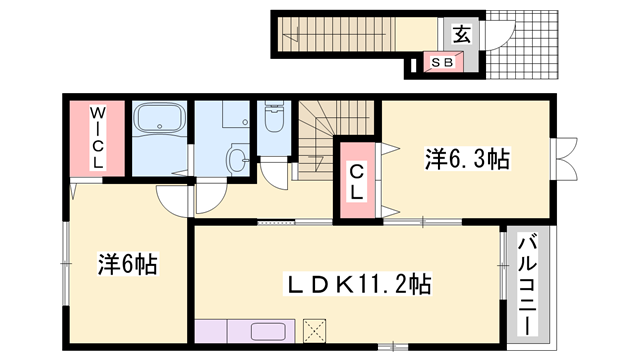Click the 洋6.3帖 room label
468,158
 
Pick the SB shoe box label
441,63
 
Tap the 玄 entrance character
460,33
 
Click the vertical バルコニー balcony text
526,284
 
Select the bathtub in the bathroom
160,124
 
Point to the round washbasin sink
237,157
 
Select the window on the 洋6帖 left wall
64,255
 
